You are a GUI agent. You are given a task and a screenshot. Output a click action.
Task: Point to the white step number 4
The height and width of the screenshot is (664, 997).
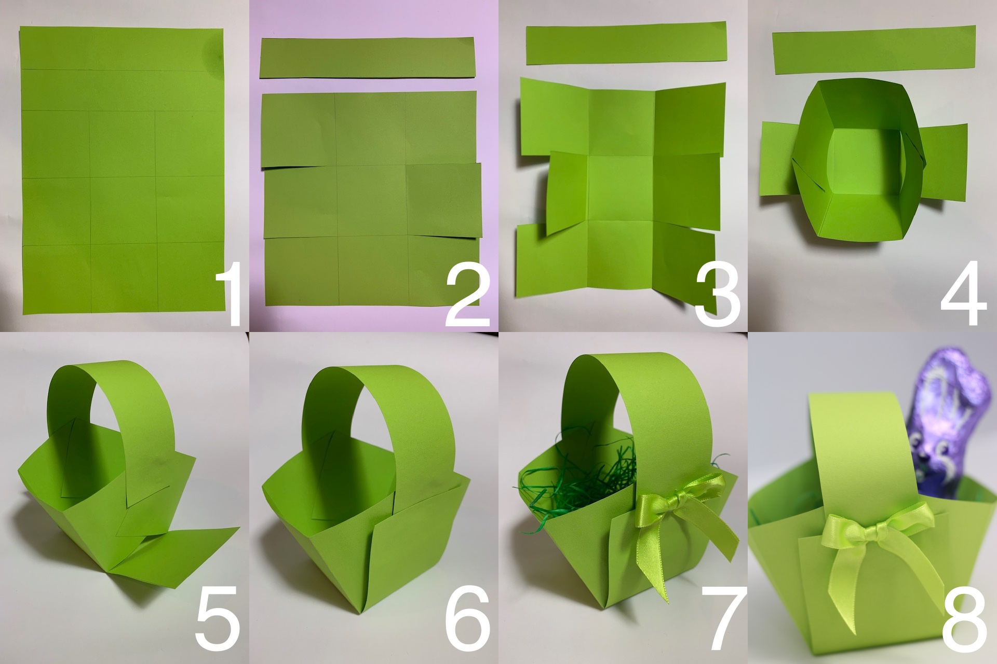click(964, 294)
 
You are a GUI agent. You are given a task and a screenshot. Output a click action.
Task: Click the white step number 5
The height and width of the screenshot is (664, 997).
click(218, 618)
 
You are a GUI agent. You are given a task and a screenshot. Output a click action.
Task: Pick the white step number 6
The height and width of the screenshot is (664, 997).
click(467, 618)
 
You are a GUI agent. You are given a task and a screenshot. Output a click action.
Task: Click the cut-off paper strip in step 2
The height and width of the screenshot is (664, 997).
click(368, 57)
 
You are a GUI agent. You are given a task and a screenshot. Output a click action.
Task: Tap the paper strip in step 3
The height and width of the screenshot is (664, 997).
click(626, 43)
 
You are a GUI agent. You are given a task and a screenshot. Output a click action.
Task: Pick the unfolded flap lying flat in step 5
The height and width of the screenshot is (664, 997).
click(177, 555)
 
